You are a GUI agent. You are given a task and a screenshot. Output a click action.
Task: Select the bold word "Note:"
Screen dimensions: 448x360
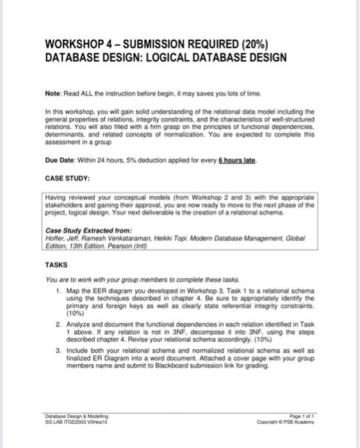click(x=57, y=94)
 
